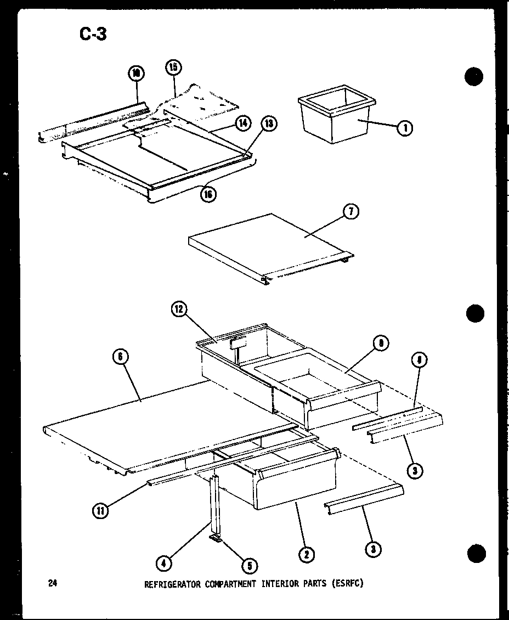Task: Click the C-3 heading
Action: pos(93,35)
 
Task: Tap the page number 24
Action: pos(53,583)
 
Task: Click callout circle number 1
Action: pos(405,128)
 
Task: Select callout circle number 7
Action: pos(351,211)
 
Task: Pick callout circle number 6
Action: pos(120,357)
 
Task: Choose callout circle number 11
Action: pos(100,511)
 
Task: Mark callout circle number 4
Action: pos(163,562)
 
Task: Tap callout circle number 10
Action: pos(135,72)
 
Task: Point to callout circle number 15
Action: pos(173,68)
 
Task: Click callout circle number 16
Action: pos(208,194)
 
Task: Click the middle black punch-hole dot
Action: pos(475,314)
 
